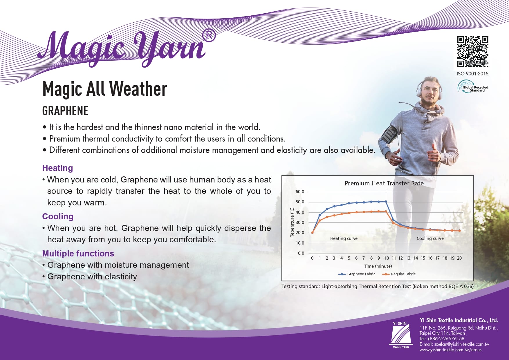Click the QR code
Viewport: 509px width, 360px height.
pyautogui.click(x=473, y=52)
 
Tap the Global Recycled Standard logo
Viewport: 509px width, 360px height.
pyautogui.click(x=473, y=87)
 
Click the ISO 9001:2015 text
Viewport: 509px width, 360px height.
pyautogui.click(x=472, y=74)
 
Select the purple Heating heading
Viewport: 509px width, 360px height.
pyautogui.click(x=57, y=168)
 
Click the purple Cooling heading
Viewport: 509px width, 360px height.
pyautogui.click(x=58, y=216)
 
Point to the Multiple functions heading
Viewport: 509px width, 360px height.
pyautogui.click(x=78, y=254)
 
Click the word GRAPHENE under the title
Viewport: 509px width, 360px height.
pyautogui.click(x=65, y=111)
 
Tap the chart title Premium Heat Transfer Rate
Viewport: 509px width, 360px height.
pyautogui.click(x=384, y=183)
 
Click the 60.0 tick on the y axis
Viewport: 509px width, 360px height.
pyautogui.click(x=300, y=192)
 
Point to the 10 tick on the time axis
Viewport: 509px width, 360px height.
pyautogui.click(x=386, y=258)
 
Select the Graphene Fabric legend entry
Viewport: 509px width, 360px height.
pyautogui.click(x=357, y=274)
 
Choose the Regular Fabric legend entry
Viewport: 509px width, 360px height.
pyautogui.click(x=399, y=274)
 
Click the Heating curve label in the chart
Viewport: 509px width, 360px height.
pyautogui.click(x=344, y=238)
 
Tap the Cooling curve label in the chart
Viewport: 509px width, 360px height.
pyautogui.click(x=430, y=238)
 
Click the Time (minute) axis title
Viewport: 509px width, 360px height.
pyautogui.click(x=378, y=266)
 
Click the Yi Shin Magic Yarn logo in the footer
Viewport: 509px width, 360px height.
pyautogui.click(x=401, y=335)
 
